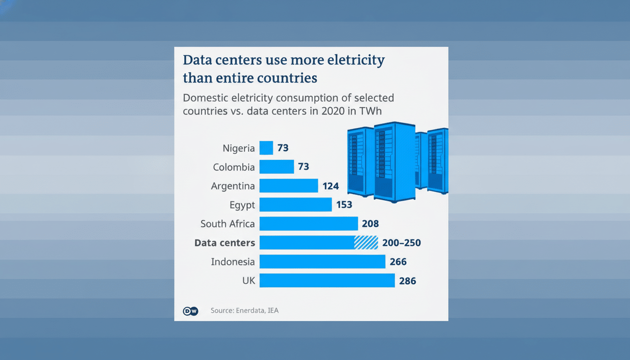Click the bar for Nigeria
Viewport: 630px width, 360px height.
pos(266,148)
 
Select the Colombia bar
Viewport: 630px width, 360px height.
pos(277,167)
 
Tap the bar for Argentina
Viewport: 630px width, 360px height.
pos(288,186)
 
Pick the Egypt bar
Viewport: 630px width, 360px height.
pos(295,204)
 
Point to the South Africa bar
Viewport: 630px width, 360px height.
pos(308,224)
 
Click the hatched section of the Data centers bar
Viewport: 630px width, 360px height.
pos(366,242)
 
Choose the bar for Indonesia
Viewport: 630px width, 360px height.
pos(322,262)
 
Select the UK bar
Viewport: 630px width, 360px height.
pos(327,280)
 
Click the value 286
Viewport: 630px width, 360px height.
pos(407,281)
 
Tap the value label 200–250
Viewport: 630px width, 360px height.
pos(402,243)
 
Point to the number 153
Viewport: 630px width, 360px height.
pos(344,205)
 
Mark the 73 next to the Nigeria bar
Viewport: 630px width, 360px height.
pos(283,148)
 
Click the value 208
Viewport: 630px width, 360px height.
pos(370,224)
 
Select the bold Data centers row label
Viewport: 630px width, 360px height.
pos(225,243)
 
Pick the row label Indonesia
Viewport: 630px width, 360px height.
pos(233,262)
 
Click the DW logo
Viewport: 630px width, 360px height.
pos(190,311)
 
